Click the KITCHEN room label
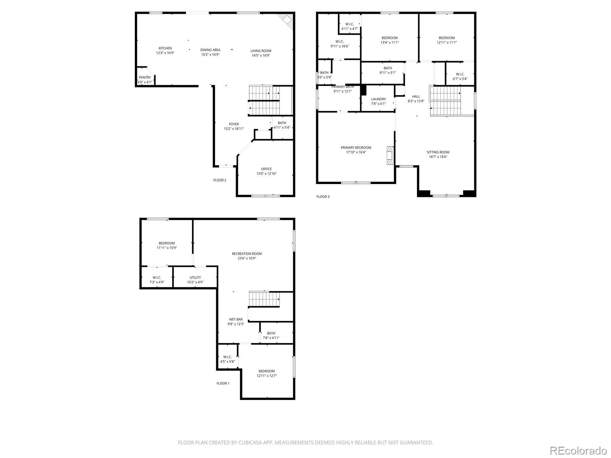click(x=165, y=48)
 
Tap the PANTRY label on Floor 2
click(x=145, y=77)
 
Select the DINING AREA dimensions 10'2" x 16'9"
click(x=210, y=55)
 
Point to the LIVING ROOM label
click(x=260, y=51)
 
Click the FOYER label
click(x=234, y=124)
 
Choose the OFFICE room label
click(x=267, y=169)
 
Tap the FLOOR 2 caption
click(x=220, y=180)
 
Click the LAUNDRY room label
click(x=378, y=99)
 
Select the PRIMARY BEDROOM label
click(x=356, y=147)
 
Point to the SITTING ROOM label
click(x=438, y=152)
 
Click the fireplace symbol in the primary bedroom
click(x=391, y=156)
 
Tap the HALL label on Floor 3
click(x=416, y=97)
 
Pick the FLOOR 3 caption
click(x=323, y=197)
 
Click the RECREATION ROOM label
click(x=247, y=253)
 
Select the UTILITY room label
click(x=195, y=277)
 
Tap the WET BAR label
click(x=236, y=319)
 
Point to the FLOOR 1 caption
click(x=223, y=383)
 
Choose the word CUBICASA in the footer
click(x=250, y=442)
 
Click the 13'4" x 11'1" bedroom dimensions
click(x=390, y=42)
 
